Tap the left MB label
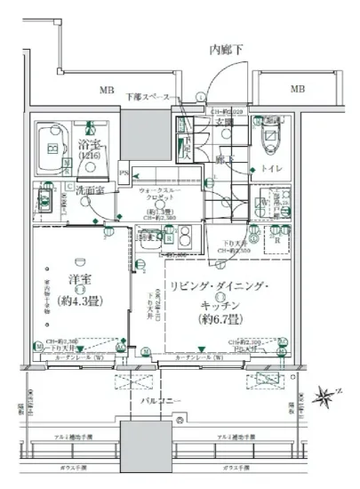(106, 90)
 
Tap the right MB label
(298, 90)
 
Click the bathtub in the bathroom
(56, 147)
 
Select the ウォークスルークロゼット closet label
(160, 196)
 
